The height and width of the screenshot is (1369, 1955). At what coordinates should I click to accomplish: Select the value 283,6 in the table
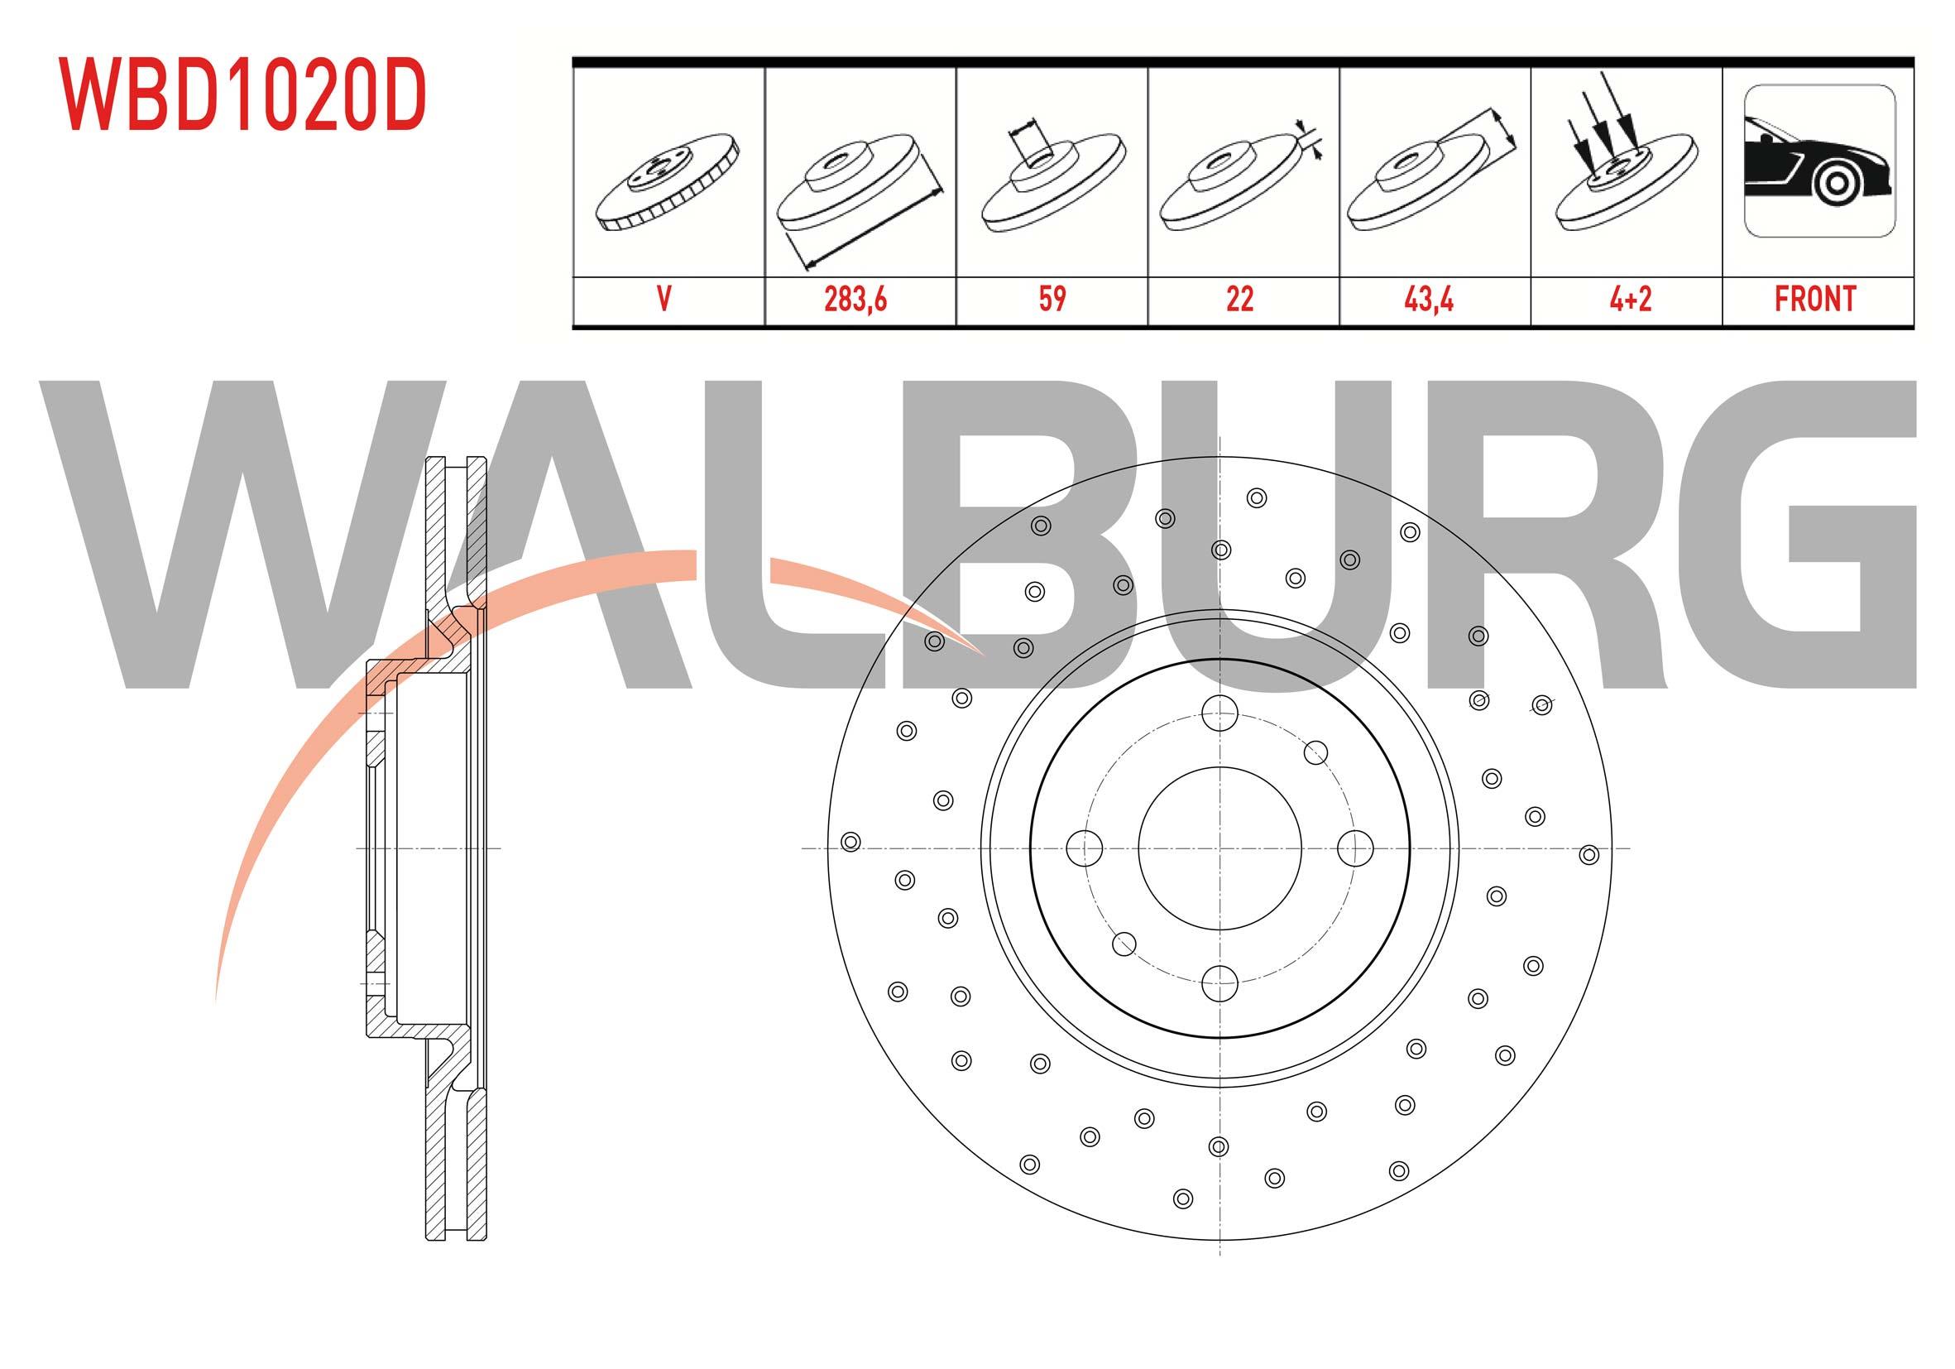(x=855, y=299)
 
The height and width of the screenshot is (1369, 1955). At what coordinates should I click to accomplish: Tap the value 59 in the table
(x=1052, y=299)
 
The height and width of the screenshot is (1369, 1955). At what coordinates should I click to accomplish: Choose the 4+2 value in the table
(x=1630, y=299)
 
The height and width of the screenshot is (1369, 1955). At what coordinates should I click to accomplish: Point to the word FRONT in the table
(x=1814, y=299)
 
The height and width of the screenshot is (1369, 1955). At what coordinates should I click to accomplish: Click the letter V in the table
(x=664, y=299)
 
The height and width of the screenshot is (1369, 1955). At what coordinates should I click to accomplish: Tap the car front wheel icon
(x=1818, y=161)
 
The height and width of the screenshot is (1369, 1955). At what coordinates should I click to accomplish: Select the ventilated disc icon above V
(x=668, y=180)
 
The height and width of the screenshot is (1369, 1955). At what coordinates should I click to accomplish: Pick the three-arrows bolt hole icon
(x=1625, y=162)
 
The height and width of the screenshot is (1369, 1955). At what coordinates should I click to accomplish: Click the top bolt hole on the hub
(x=1219, y=713)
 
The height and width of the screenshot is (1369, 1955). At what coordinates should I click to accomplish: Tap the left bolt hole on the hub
(x=1085, y=848)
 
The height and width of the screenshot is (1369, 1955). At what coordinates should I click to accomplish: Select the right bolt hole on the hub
(x=1354, y=848)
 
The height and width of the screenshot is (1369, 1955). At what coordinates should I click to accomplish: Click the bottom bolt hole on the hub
(x=1219, y=983)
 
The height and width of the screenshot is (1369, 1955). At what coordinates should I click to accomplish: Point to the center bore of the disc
(x=1219, y=848)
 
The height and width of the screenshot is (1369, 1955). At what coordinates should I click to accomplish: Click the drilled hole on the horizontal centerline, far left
(x=850, y=842)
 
